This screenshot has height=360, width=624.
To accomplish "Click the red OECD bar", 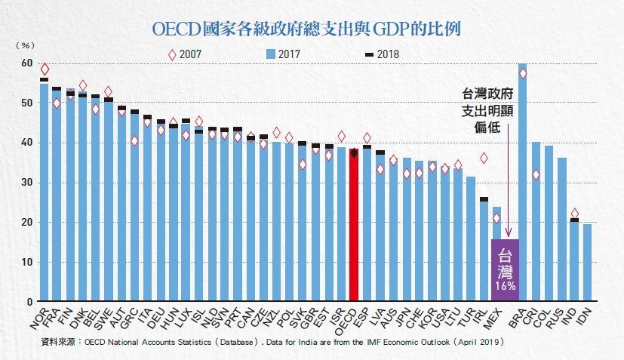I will (354, 226).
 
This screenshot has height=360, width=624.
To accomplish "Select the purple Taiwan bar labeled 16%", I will (505, 270).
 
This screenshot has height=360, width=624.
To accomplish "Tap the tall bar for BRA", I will (522, 181).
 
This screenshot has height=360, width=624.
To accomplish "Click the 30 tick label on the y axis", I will (27, 183).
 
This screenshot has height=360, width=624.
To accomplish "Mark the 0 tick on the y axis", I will (29, 302).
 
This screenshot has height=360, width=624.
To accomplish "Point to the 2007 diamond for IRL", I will (484, 158).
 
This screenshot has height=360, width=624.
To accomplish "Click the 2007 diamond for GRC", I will (134, 141).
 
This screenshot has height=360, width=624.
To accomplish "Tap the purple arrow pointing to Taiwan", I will (509, 181).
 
